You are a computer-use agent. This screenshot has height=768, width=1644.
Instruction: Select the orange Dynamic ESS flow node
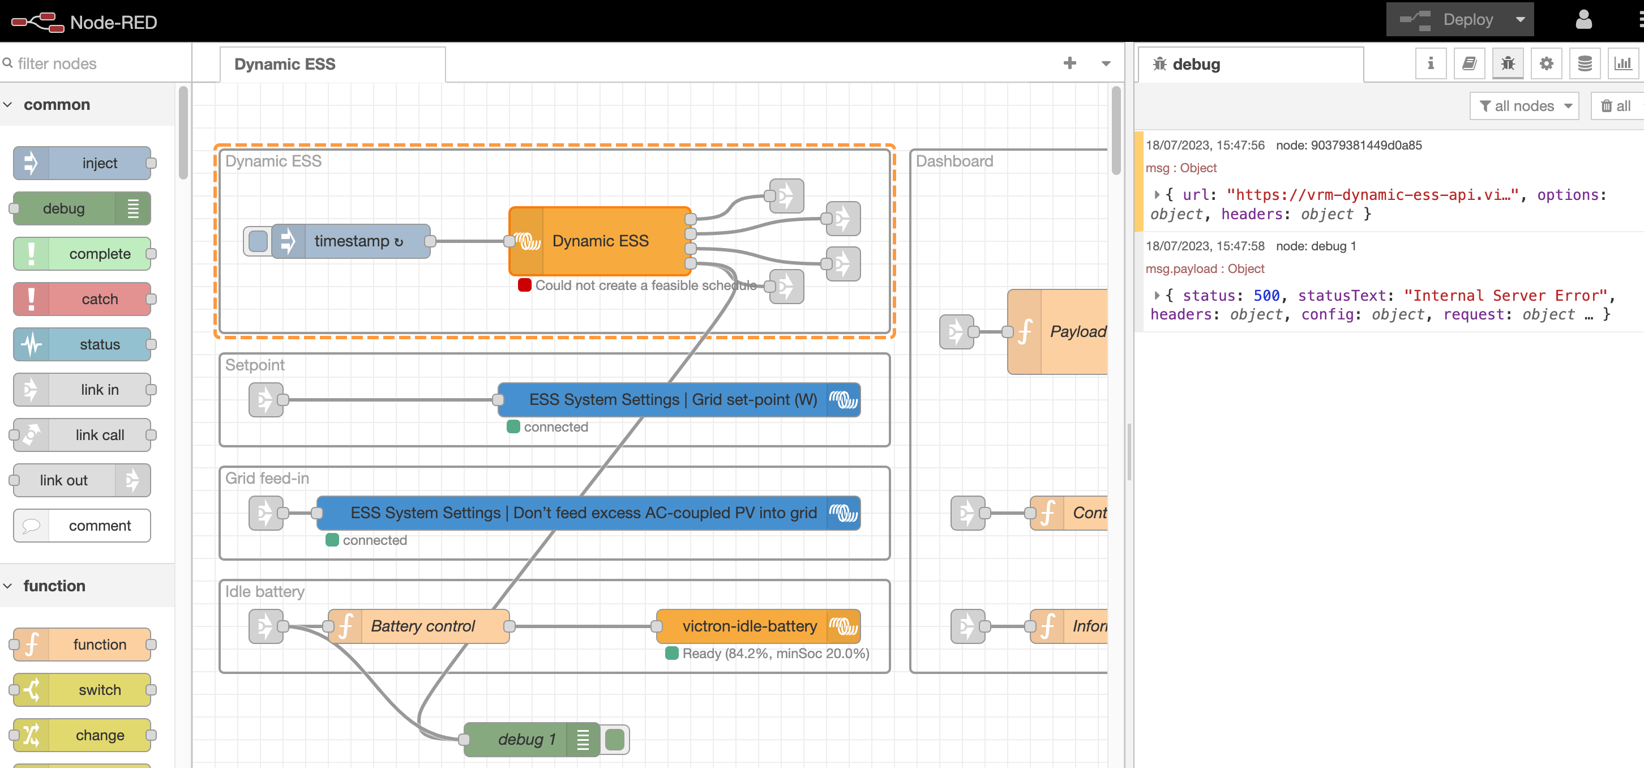coord(600,241)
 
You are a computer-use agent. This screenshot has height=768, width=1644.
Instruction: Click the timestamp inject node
coord(357,241)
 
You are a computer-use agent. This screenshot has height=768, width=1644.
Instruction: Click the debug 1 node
coord(526,739)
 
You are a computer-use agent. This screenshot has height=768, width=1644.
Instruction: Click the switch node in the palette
coord(99,690)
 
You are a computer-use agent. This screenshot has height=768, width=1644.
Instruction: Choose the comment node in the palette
coord(99,526)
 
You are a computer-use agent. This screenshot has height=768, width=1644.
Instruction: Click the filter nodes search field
coord(96,64)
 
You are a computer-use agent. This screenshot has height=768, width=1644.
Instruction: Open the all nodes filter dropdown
coord(1524,106)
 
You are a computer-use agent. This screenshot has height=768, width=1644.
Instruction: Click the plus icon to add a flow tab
coord(1069,63)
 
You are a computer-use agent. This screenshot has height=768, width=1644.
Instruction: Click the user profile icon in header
coord(1583,20)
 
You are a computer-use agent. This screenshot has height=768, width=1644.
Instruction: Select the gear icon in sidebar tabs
coord(1545,64)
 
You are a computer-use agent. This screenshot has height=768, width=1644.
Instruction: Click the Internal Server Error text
coord(1504,296)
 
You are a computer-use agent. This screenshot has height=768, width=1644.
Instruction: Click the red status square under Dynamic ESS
coord(525,285)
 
